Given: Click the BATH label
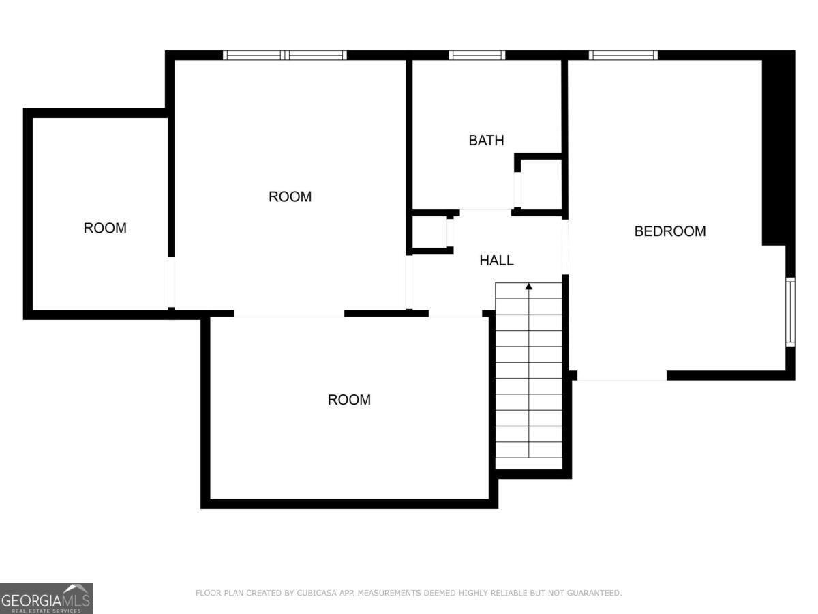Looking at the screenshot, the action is pos(486,141).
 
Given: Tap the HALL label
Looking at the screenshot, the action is pos(496,261).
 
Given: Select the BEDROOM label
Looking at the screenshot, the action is pos(669,231).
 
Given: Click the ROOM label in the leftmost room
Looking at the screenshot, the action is pos(105,228).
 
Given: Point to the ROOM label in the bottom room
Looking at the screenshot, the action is pos(349,400).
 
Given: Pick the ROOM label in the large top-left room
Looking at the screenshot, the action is pos(290,197).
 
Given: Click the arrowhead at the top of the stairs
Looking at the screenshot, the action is pos(528,287).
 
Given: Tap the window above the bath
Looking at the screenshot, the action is pos(476,55).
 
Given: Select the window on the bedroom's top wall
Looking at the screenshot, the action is pos(623,55).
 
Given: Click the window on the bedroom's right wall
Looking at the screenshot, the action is pos(790,312).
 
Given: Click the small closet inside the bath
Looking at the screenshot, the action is pos(541,184).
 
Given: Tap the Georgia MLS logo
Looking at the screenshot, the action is pos(46,599).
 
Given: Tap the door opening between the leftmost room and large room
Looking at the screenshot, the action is pos(171,282).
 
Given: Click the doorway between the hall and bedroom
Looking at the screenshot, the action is pos(565,247).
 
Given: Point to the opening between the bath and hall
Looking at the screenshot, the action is pos(485,211).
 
